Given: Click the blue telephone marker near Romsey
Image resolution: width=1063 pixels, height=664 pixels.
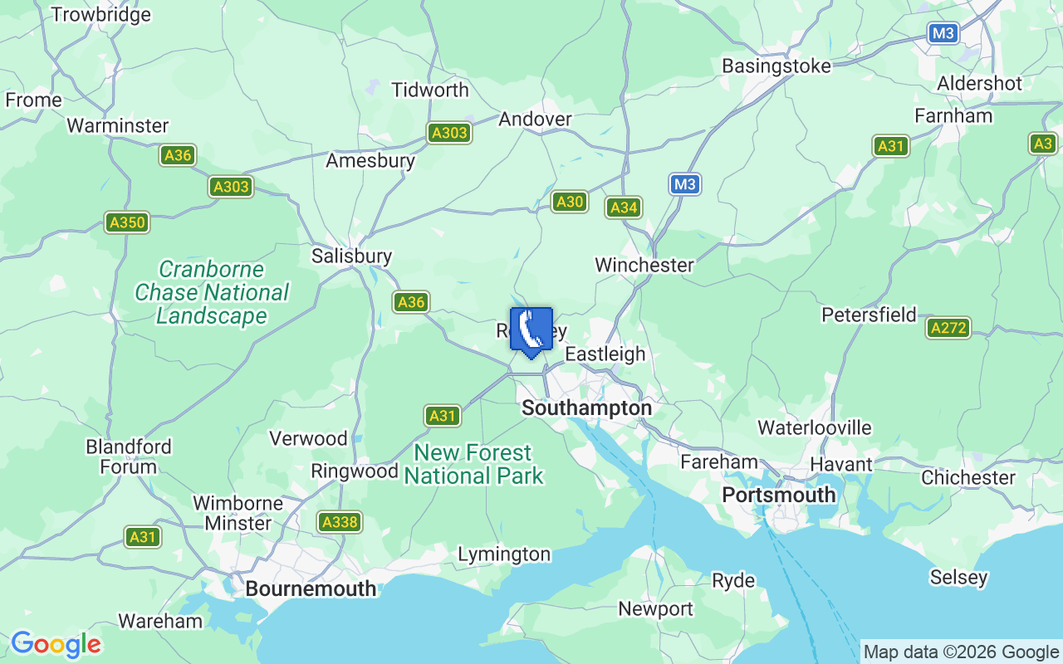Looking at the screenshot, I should [x=531, y=330].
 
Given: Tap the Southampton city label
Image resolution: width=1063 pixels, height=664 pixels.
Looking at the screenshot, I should [x=586, y=408].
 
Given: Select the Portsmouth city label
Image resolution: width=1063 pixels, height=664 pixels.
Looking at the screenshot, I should [x=778, y=495].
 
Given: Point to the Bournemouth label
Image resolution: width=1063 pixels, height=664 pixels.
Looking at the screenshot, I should [x=311, y=588].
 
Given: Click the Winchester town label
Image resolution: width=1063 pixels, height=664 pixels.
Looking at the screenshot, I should [x=644, y=265].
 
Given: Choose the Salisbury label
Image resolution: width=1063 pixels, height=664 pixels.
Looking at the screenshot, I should [x=351, y=256].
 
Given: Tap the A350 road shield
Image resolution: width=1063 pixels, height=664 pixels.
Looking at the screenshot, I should [x=127, y=222].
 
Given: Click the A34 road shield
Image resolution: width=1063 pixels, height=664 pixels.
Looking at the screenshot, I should [x=624, y=207].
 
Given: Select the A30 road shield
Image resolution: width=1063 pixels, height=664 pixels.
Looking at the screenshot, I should [x=570, y=202].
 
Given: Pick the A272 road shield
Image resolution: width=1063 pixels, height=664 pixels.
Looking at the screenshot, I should [x=948, y=328].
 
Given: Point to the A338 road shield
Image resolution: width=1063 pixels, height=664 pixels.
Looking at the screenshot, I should [x=340, y=521].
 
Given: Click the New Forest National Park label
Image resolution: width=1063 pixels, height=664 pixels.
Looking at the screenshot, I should [x=473, y=464].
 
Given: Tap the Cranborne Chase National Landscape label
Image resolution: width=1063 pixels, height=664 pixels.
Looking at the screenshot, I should [x=212, y=292].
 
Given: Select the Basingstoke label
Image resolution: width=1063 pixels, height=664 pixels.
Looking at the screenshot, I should [x=776, y=66].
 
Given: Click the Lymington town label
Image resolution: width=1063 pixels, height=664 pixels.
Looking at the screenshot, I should [x=504, y=554].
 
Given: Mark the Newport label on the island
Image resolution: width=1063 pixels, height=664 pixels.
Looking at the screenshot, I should [x=655, y=609].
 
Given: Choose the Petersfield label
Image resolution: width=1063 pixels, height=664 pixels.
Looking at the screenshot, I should [x=869, y=315].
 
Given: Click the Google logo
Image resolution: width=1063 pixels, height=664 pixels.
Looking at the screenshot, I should [x=56, y=644].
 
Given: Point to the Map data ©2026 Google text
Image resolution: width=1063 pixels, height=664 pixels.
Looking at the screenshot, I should [x=961, y=652].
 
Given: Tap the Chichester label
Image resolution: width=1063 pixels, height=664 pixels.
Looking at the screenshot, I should [x=967, y=477].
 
